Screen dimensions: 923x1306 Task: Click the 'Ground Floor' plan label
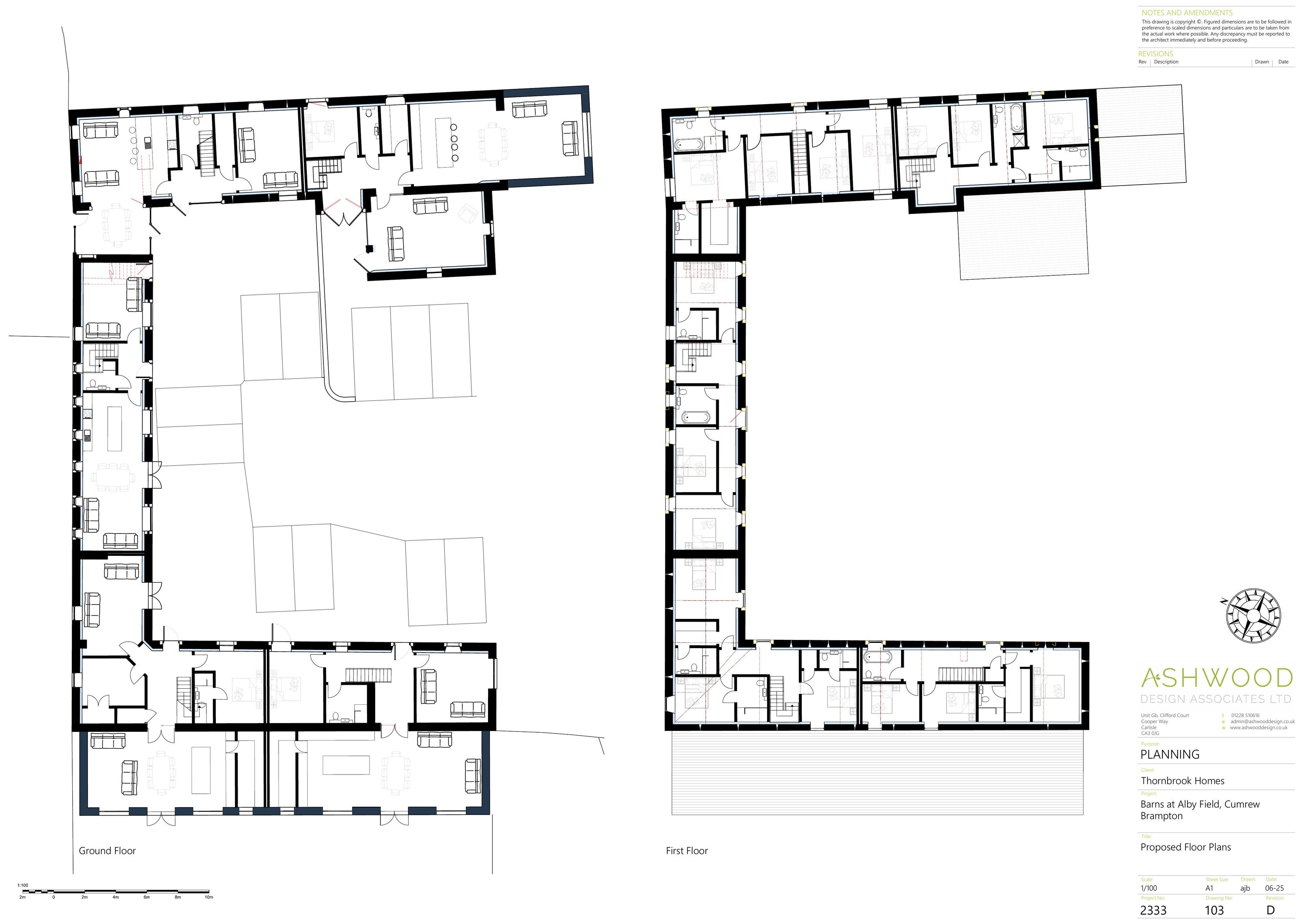(107, 851)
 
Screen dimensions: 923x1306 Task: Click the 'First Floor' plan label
(687, 851)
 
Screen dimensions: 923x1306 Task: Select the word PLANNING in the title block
(1170, 754)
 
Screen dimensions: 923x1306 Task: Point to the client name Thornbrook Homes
(1182, 781)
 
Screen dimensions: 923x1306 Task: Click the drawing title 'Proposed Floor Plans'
(1185, 847)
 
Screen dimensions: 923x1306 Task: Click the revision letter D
(1270, 910)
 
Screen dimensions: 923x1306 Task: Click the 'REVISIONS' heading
(1155, 54)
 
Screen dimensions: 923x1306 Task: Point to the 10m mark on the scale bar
(209, 897)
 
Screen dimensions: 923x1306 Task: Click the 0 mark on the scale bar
(54, 897)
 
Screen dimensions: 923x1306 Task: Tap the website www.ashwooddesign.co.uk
(1258, 728)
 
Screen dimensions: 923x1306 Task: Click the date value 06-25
(1274, 888)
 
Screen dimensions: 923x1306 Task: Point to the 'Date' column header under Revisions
(1283, 62)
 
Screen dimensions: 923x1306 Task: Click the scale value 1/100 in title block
(1148, 888)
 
